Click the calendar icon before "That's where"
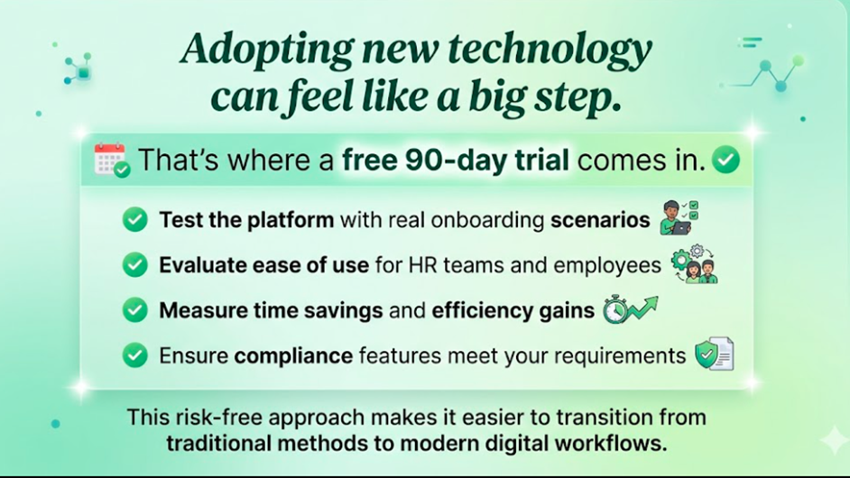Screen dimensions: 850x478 pyautogui.click(x=112, y=160)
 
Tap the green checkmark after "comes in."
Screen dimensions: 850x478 pyautogui.click(x=725, y=160)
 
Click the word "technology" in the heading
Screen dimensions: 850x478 pyautogui.click(x=550, y=50)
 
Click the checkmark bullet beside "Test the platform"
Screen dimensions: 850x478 pyautogui.click(x=135, y=219)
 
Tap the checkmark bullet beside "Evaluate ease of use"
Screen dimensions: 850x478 pyautogui.click(x=135, y=265)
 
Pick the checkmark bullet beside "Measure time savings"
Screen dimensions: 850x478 pyautogui.click(x=135, y=310)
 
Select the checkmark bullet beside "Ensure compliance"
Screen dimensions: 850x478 pyautogui.click(x=135, y=355)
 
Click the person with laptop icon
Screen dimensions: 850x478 pyautogui.click(x=679, y=217)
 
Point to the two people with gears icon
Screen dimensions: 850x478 pyautogui.click(x=695, y=264)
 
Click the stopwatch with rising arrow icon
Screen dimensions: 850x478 pyautogui.click(x=631, y=309)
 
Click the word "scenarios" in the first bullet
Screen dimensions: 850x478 pyautogui.click(x=600, y=220)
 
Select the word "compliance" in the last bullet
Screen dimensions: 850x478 pyautogui.click(x=293, y=356)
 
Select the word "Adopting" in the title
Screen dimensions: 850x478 pyautogui.click(x=267, y=50)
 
